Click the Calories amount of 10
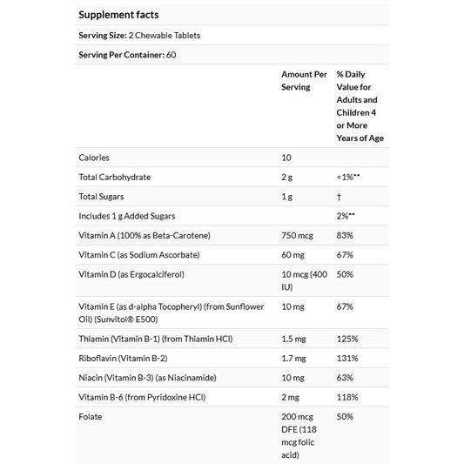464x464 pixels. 286,158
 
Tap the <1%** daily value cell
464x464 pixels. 348,177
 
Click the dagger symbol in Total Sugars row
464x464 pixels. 339,197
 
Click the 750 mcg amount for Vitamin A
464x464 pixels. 298,236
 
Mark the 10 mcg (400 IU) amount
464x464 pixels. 301,281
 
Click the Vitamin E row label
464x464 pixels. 171,312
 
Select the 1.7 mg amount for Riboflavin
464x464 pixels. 293,357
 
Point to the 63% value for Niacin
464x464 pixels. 344,377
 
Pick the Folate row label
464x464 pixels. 91,416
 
